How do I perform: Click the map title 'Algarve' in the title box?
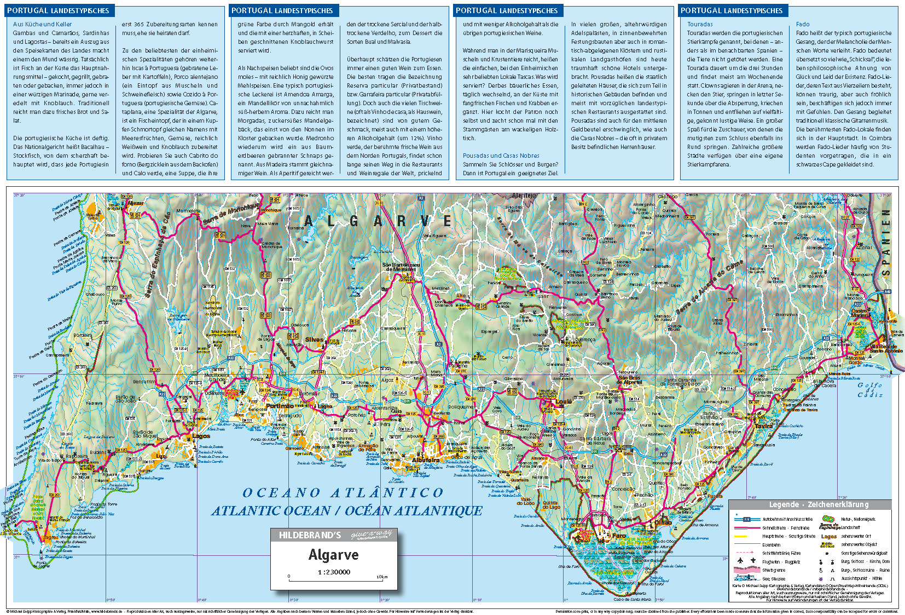point(333,555)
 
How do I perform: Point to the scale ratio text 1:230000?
point(333,572)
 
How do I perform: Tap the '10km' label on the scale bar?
point(382,577)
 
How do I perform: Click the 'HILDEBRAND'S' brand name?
point(310,535)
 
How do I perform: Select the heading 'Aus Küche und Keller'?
point(42,24)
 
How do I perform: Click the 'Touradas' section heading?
point(700,24)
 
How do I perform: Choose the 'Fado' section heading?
point(802,24)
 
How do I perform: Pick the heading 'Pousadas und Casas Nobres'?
point(501,156)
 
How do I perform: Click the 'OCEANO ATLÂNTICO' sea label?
point(343,492)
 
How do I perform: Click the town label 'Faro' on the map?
point(619,536)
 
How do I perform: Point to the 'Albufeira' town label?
point(425,460)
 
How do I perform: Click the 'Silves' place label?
point(314,340)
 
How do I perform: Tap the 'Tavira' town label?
point(763,426)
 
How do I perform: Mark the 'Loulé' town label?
point(564,401)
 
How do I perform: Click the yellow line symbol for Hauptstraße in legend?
point(741,536)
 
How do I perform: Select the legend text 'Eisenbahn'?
point(771,545)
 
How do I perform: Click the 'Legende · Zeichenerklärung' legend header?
point(810,505)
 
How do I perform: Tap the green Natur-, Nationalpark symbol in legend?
point(828,519)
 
